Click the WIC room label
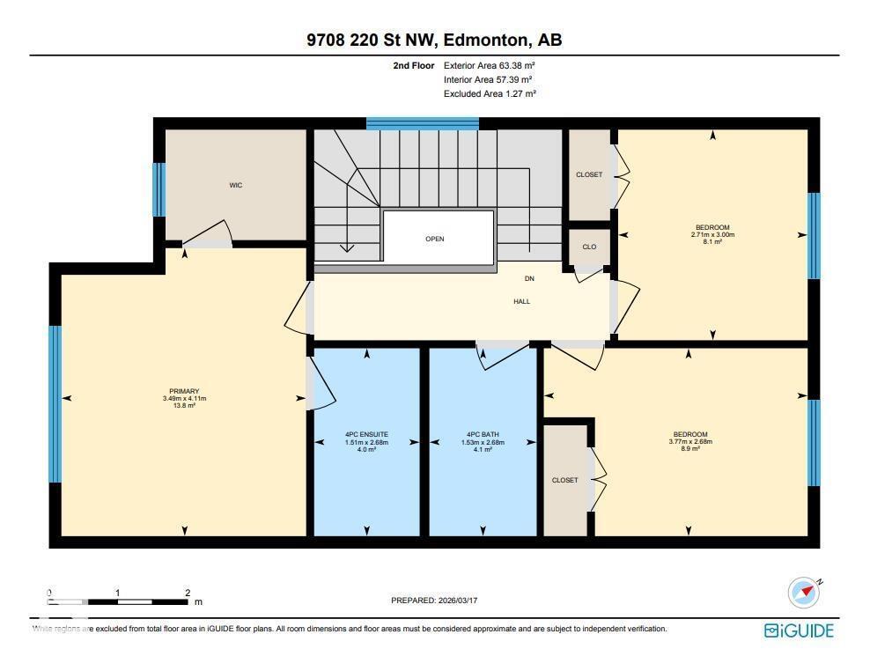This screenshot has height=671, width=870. tap(235, 185)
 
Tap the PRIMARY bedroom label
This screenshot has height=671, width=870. tap(184, 391)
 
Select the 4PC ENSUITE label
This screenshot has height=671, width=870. tap(366, 434)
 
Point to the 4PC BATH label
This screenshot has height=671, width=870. tap(483, 434)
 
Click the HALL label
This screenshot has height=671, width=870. tap(522, 301)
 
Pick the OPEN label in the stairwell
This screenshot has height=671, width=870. tap(434, 239)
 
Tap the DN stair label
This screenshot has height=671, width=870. tap(529, 278)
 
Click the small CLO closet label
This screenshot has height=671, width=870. tap(589, 247)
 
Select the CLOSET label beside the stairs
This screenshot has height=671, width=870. tap(589, 174)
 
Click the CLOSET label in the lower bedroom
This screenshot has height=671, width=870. tap(564, 480)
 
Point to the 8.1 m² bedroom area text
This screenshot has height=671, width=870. tap(712, 241)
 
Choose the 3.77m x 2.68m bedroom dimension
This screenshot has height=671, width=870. tap(690, 441)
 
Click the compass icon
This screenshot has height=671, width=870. tap(803, 593)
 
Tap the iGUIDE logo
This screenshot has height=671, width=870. tap(798, 630)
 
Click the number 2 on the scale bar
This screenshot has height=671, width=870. tap(188, 593)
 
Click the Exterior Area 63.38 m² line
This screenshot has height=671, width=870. tap(490, 65)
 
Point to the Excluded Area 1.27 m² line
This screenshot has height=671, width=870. tap(490, 93)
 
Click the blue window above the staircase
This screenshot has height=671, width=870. tap(423, 123)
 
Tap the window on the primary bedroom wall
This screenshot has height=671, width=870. tap(55, 404)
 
